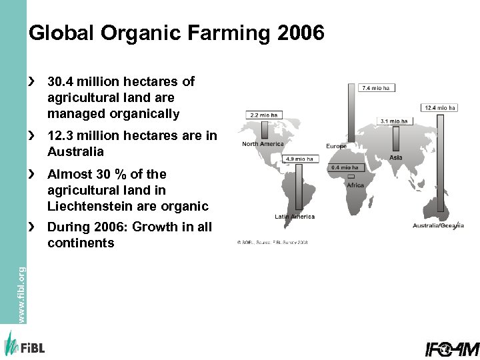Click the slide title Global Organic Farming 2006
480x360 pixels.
(177, 33)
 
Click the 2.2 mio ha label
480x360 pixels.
(263, 115)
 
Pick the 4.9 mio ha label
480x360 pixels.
(299, 159)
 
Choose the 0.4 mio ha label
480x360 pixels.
(345, 167)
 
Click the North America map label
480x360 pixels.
(263, 144)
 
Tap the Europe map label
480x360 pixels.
(336, 146)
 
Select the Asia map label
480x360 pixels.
(396, 157)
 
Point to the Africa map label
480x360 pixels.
(355, 185)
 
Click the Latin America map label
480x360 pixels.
(295, 217)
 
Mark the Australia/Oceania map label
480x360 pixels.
(438, 225)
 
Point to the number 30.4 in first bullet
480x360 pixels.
(62, 82)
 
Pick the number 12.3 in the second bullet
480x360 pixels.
(62, 136)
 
